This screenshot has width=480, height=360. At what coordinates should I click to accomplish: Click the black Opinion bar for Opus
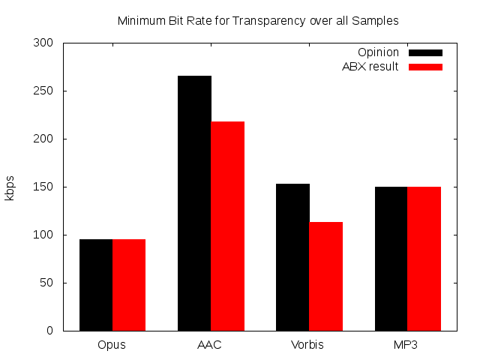coord(96,285)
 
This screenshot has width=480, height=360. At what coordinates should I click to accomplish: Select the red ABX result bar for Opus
coord(129,285)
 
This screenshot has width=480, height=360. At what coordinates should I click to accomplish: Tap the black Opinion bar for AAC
coord(194,203)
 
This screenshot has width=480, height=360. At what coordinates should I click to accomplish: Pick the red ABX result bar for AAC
coord(227,226)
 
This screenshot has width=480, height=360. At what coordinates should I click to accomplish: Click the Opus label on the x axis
coord(112,346)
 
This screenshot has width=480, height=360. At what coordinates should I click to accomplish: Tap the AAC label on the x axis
coord(210,346)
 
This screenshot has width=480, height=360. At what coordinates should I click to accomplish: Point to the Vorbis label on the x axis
coord(308,346)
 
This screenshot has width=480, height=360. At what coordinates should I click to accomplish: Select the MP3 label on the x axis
coord(407,346)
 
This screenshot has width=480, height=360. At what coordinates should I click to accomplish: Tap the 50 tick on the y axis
coord(47,283)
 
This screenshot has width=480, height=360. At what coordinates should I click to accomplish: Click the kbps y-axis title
coord(10,187)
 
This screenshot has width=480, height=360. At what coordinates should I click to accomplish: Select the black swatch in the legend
coord(425,52)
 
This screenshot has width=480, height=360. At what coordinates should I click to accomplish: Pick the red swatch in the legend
coord(425,67)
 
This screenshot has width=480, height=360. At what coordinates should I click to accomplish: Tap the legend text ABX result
coord(370,67)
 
